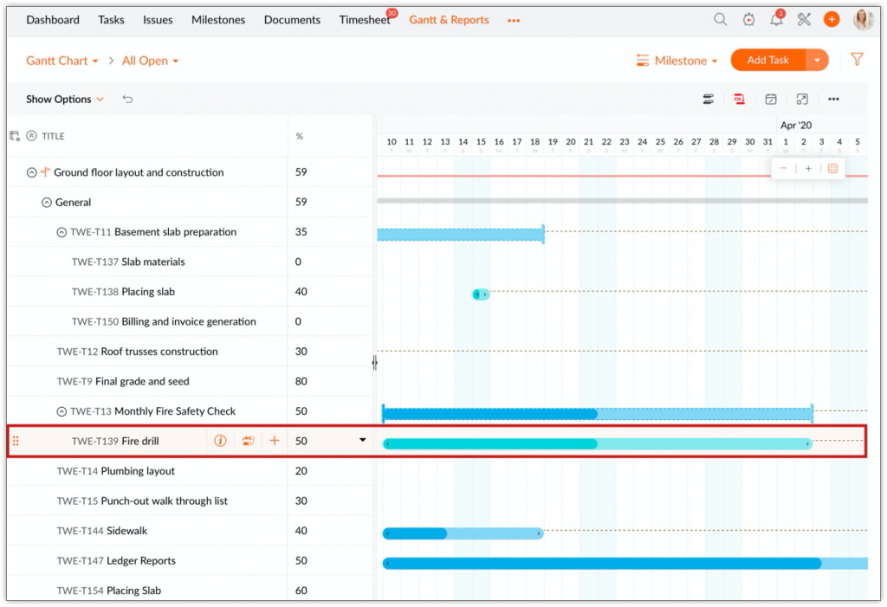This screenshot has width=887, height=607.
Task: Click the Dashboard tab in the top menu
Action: pyautogui.click(x=53, y=20)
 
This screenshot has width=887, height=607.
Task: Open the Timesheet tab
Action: pyautogui.click(x=365, y=20)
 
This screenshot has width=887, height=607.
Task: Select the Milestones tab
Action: pyautogui.click(x=218, y=20)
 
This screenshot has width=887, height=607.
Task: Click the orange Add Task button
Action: pyautogui.click(x=767, y=60)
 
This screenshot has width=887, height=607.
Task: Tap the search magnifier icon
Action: pyautogui.click(x=720, y=20)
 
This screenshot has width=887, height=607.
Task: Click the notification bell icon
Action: pyautogui.click(x=776, y=20)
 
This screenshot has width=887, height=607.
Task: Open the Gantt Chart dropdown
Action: pyautogui.click(x=62, y=61)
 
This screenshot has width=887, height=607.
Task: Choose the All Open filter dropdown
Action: pyautogui.click(x=150, y=61)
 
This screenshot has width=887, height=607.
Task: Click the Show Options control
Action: pyautogui.click(x=64, y=100)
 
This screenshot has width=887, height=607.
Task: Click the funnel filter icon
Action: pyautogui.click(x=857, y=60)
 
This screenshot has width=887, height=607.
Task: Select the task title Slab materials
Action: pyautogui.click(x=153, y=262)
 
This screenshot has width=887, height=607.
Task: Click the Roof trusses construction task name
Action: pyautogui.click(x=159, y=352)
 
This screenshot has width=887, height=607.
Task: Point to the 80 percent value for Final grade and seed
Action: pyautogui.click(x=301, y=381)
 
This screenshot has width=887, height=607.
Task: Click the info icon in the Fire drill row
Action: pyautogui.click(x=220, y=441)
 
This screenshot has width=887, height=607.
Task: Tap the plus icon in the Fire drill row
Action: pyautogui.click(x=275, y=441)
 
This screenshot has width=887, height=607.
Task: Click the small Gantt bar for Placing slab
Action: pyautogui.click(x=481, y=294)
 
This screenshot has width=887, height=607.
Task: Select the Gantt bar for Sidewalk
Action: pyautogui.click(x=463, y=533)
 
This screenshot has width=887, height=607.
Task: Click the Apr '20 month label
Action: pyautogui.click(x=796, y=126)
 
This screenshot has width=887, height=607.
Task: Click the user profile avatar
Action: pyautogui.click(x=863, y=20)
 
